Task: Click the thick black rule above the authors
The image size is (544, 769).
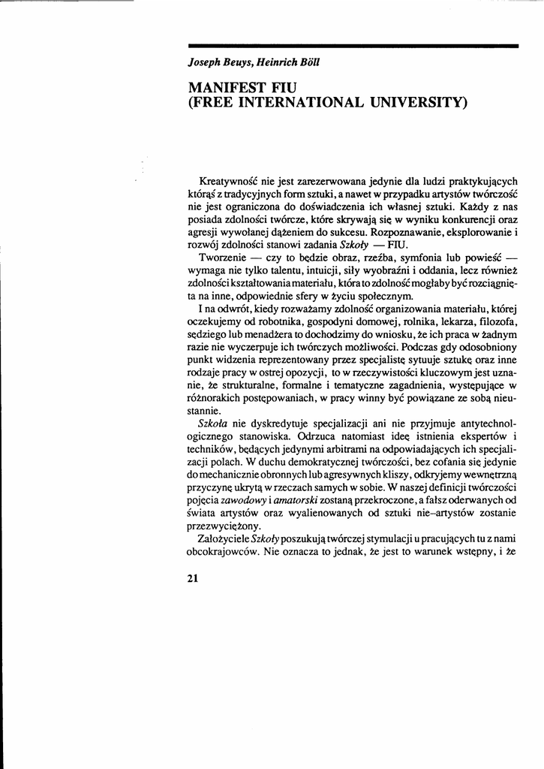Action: point(353,47)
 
